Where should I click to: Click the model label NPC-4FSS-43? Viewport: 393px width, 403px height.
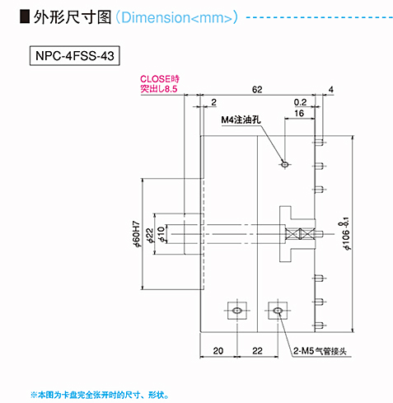(75, 56)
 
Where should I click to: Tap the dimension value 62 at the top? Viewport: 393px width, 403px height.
(257, 90)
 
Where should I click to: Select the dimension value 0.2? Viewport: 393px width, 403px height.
(300, 102)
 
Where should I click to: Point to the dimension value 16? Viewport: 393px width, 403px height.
(299, 113)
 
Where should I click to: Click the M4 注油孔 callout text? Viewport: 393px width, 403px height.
(241, 119)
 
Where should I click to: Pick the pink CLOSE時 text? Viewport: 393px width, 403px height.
(160, 79)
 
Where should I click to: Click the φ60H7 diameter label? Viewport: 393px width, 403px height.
(136, 233)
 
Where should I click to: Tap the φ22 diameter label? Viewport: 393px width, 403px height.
(150, 235)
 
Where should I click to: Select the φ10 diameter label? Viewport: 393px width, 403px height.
(161, 234)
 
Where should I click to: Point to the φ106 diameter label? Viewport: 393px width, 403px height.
(346, 234)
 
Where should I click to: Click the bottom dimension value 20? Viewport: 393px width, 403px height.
(218, 351)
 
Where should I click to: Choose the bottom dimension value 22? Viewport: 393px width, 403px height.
(257, 351)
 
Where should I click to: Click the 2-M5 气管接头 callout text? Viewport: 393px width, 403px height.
(320, 351)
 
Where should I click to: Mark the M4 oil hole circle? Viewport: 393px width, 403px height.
(285, 164)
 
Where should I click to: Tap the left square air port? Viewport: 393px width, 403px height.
(237, 311)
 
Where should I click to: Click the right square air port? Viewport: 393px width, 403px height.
(278, 311)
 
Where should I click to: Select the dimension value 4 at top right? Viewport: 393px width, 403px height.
(330, 90)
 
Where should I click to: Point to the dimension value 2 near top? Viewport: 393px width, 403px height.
(213, 102)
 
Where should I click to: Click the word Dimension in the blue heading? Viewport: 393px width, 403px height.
(156, 17)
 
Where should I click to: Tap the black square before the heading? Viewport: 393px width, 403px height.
(25, 16)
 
